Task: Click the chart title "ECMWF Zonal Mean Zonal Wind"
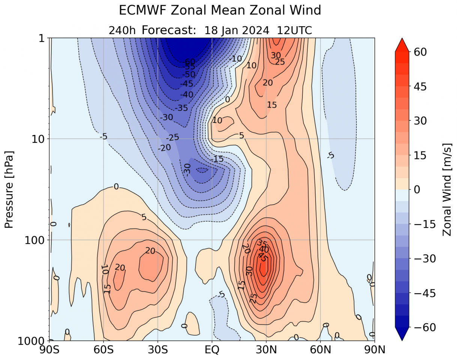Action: [220, 10]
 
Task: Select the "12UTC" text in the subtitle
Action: [294, 30]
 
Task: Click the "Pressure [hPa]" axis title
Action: [9, 189]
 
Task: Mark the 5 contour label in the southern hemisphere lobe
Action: [144, 217]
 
